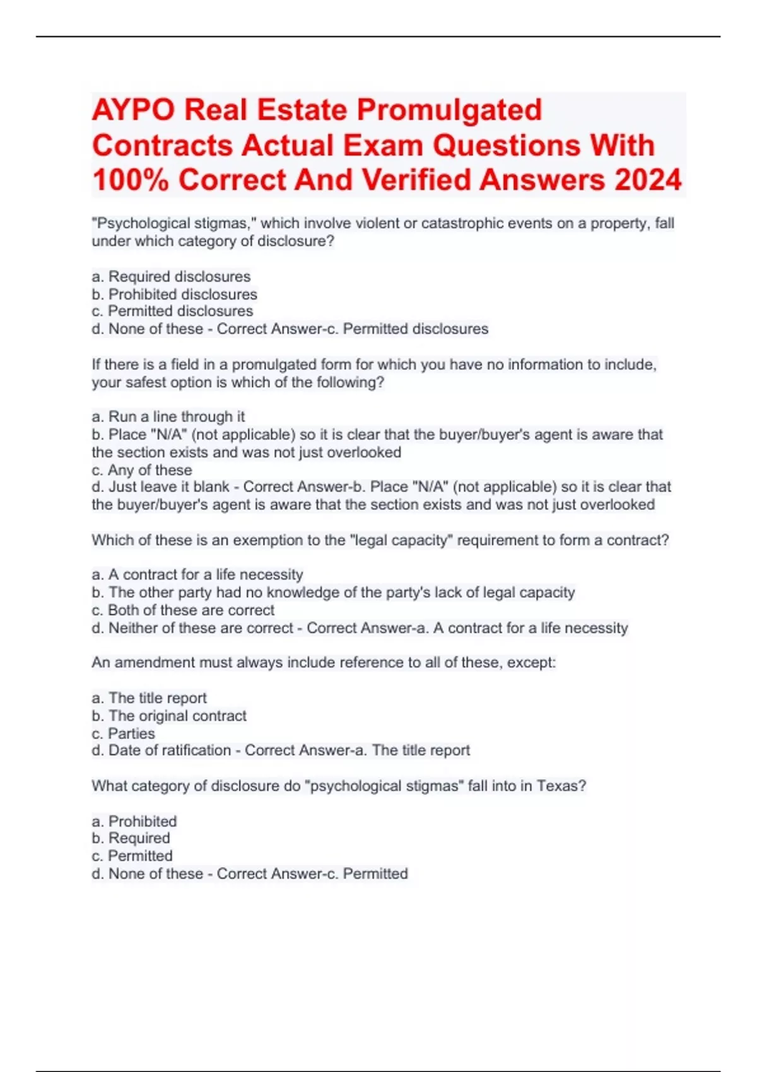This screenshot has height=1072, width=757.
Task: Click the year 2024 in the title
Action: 648,180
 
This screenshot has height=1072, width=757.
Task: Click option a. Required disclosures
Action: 171,276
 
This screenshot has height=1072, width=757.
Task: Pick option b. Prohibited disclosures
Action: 174,294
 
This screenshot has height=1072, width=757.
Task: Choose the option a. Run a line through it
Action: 168,416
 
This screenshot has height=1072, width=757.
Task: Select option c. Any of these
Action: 141,470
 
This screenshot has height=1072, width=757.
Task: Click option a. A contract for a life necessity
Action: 197,574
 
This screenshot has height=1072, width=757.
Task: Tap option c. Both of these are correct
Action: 183,610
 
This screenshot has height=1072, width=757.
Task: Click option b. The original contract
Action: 168,716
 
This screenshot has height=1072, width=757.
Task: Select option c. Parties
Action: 123,733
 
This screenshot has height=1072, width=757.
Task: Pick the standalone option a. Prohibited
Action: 134,821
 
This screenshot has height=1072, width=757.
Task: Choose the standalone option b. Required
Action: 131,838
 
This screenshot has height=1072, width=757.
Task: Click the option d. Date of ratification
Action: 161,750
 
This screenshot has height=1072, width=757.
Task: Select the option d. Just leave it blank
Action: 163,487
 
